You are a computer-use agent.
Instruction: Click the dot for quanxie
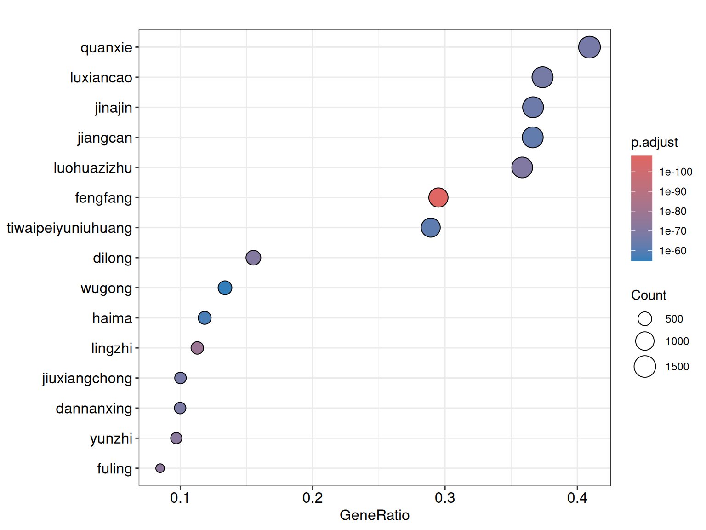[589, 47]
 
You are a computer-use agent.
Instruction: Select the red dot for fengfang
[438, 197]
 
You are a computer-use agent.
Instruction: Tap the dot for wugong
[225, 288]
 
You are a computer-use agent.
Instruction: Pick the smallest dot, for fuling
[160, 468]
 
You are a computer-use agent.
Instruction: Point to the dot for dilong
[253, 258]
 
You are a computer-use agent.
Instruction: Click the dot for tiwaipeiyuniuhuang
[431, 228]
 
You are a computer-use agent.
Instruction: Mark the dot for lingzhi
[197, 348]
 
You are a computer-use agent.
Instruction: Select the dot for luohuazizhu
[522, 167]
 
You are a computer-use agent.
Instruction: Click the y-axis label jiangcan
[105, 138]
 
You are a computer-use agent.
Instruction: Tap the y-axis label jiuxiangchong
[87, 378]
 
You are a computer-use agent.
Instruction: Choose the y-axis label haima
[112, 318]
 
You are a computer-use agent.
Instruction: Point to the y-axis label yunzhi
[111, 438]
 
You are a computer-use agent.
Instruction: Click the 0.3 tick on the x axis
[445, 498]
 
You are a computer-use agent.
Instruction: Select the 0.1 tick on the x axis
[180, 498]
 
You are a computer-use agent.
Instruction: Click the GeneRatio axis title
[375, 515]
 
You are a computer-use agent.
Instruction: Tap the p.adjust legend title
[655, 143]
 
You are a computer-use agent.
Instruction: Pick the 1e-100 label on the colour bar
[676, 172]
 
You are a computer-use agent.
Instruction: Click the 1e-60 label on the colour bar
[673, 251]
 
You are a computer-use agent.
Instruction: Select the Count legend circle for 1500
[645, 367]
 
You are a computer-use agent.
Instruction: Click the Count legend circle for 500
[645, 319]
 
